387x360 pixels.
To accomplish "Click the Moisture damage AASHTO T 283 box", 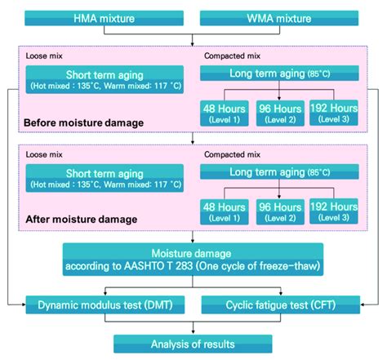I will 193,258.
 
